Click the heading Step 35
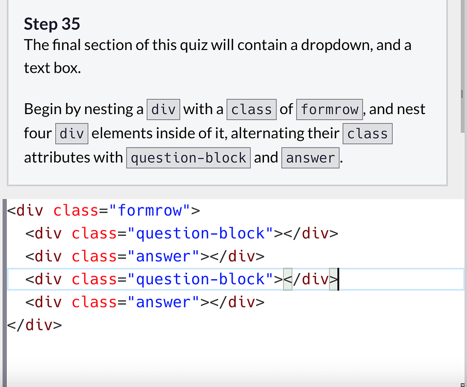point(52,24)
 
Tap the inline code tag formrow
point(330,109)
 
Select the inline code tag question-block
point(189,158)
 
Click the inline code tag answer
point(310,158)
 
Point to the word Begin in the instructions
point(44,109)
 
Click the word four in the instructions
point(38,134)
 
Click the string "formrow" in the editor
point(149,211)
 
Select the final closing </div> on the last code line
point(35,325)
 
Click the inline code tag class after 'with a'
point(252,109)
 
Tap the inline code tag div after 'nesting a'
point(164,109)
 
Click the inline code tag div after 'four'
point(72,134)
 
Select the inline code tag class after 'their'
point(367,134)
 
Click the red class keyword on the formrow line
point(76,211)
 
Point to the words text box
point(52,68)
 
